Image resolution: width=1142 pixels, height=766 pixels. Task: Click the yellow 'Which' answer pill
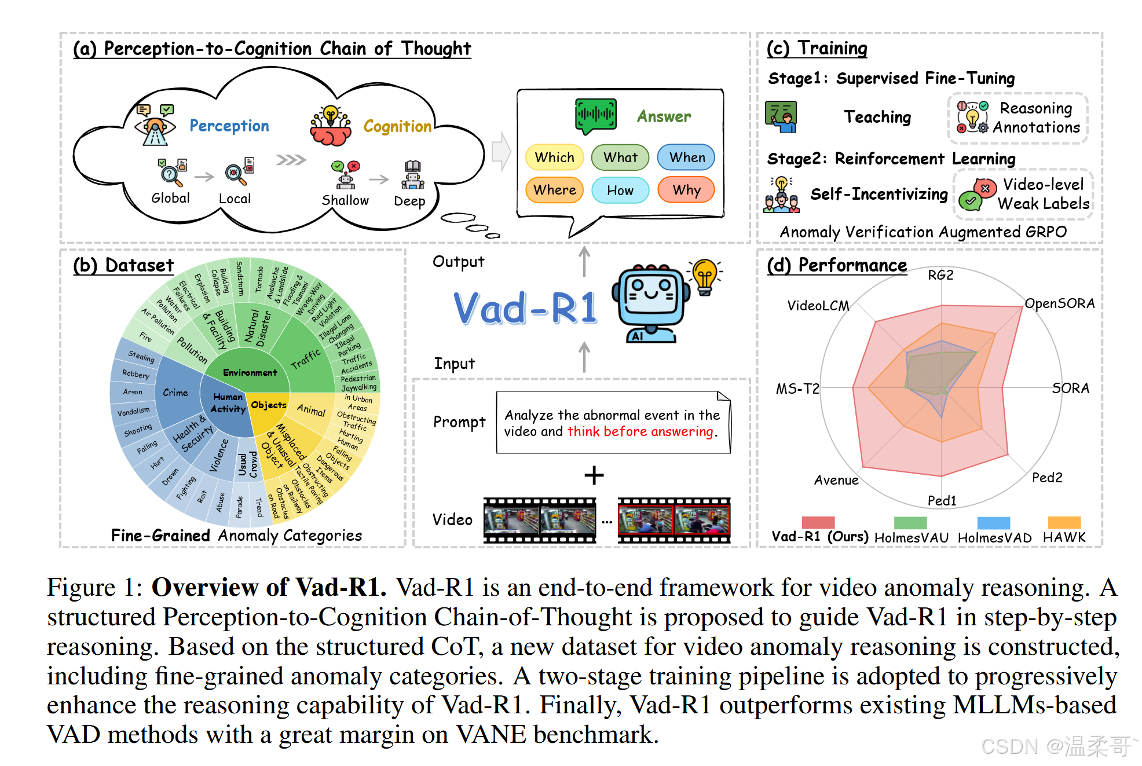coord(554,157)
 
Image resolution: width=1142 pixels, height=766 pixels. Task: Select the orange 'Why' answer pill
coord(686,190)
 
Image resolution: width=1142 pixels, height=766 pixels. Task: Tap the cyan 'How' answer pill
coord(620,190)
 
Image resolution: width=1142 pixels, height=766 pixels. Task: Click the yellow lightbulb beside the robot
coord(705,276)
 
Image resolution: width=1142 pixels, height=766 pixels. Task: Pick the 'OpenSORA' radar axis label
coord(1059,303)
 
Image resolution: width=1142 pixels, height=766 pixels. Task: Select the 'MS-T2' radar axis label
coord(797,389)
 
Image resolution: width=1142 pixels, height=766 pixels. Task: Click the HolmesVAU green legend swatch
coord(910,522)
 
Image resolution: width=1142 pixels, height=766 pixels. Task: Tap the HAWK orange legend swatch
coord(1064,522)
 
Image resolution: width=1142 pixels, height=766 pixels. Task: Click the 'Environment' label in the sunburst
coord(250,372)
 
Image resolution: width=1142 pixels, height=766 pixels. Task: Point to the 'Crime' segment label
coord(175,393)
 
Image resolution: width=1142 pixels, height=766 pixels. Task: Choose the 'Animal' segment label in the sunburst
coord(312,410)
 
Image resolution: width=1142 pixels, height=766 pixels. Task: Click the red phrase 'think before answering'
coord(640,431)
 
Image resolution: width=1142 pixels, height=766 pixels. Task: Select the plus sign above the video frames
coord(594,475)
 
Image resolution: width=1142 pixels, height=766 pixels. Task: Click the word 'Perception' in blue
coord(229,126)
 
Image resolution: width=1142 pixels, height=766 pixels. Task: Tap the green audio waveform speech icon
coord(595,115)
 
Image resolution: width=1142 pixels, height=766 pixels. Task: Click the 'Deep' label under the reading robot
coord(409,201)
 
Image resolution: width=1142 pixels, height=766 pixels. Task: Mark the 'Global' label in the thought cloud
coord(170,198)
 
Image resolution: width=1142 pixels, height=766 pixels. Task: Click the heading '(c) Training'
coord(817,48)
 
